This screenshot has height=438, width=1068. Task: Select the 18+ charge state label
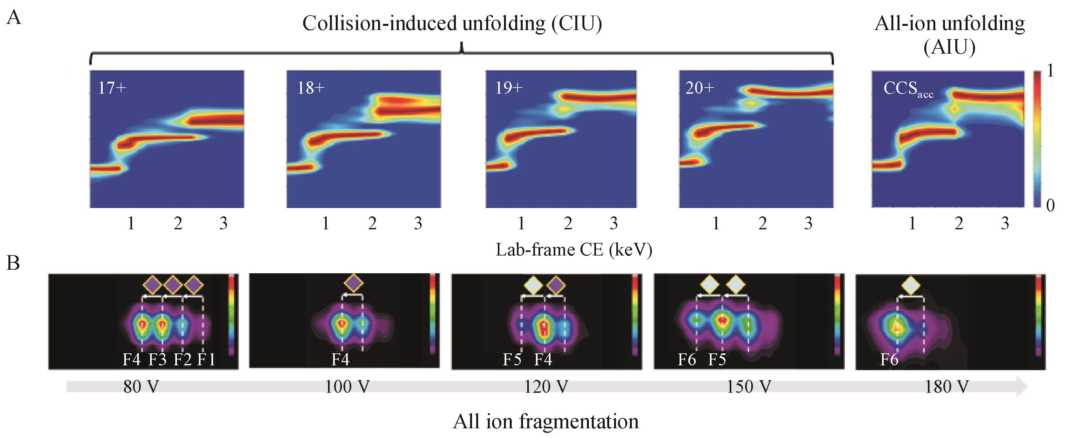(311, 89)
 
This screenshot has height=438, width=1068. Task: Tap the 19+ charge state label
(509, 89)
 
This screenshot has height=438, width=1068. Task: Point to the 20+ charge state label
(700, 89)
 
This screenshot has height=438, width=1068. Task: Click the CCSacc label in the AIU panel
(908, 89)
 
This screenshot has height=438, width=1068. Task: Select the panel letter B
(13, 263)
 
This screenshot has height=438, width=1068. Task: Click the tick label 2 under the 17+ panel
(178, 224)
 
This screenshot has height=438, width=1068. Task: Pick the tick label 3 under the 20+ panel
(808, 224)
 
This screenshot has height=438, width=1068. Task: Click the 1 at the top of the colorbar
(1050, 71)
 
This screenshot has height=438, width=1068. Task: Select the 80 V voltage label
(141, 387)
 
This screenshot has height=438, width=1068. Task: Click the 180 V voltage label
(947, 387)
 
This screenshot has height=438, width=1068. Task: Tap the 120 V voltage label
(546, 387)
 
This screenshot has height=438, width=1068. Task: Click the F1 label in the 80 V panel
(206, 360)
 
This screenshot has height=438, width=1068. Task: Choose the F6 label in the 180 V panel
(889, 360)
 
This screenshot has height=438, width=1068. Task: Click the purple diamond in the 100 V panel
(354, 283)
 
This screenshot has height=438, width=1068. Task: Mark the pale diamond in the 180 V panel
(910, 285)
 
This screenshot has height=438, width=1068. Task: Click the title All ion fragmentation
(546, 422)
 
